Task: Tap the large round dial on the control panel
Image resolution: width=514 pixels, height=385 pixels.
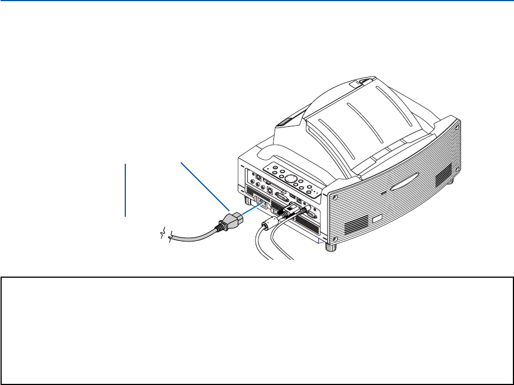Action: [290, 179]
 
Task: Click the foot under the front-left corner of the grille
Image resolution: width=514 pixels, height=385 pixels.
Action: [331, 246]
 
